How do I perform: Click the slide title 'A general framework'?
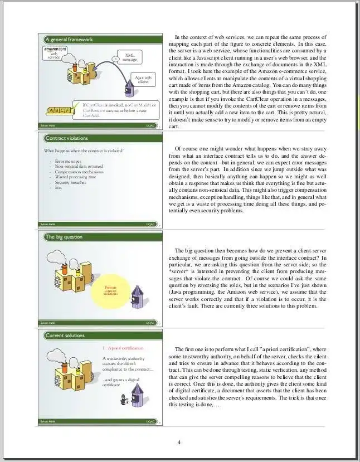click(x=69, y=40)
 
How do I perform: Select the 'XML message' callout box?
click(x=129, y=57)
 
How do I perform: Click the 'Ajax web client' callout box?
click(x=143, y=80)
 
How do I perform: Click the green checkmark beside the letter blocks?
click(x=76, y=106)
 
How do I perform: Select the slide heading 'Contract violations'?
click(x=66, y=138)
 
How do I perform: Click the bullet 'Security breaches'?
click(x=70, y=182)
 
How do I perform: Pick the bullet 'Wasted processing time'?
click(x=75, y=177)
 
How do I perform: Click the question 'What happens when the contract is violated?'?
click(x=84, y=150)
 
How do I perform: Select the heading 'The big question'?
click(x=64, y=237)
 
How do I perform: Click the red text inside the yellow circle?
click(x=110, y=290)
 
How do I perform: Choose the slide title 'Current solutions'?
click(x=66, y=335)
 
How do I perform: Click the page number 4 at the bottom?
click(x=179, y=442)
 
